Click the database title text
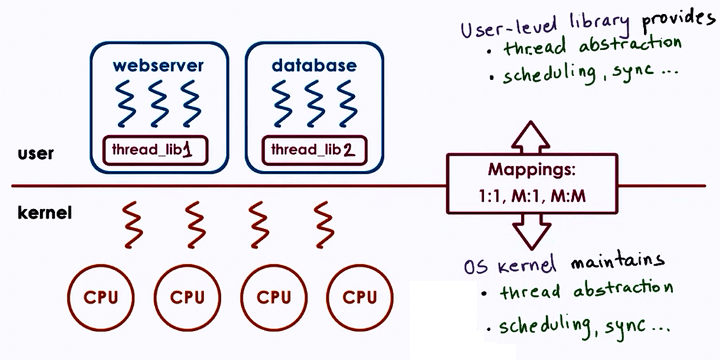313,65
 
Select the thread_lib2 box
313,149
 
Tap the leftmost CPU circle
101,297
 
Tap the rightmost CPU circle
360,297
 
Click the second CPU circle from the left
187,297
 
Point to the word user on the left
36,153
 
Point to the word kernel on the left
45,213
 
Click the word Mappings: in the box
531,170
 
